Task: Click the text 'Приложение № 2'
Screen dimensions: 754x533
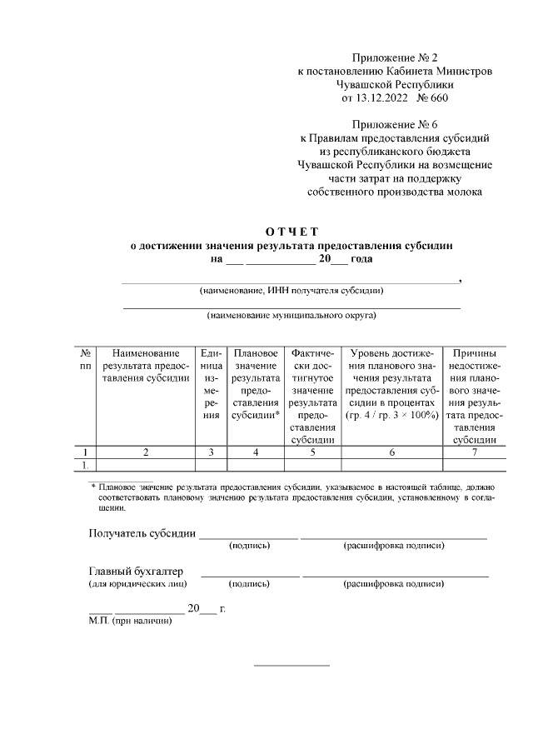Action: coord(395,57)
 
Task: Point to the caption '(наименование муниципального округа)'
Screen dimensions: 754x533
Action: coord(291,317)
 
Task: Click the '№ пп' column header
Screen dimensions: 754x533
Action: coord(85,359)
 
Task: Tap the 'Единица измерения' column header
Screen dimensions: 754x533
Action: coord(212,384)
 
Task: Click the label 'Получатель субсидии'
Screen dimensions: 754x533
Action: coord(142,533)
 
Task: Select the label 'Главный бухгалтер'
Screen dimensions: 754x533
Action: coord(136,572)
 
